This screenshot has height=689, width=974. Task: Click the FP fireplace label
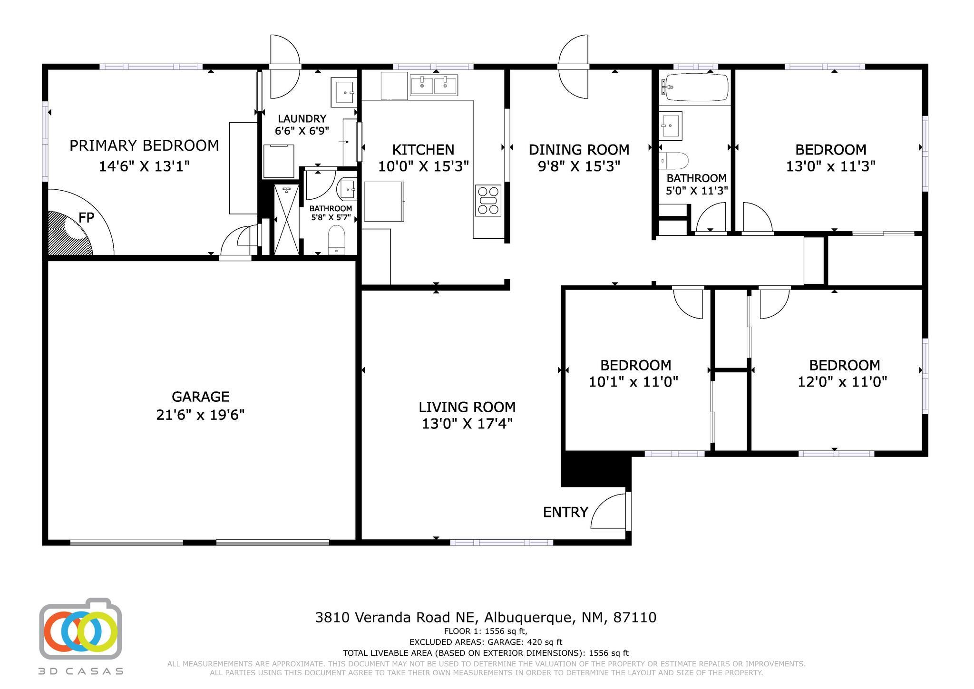click(86, 218)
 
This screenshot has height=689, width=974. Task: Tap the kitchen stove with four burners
click(488, 201)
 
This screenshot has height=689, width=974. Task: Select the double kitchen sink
click(433, 86)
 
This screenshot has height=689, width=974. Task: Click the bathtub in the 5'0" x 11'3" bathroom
click(697, 87)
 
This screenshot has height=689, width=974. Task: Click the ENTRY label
click(565, 512)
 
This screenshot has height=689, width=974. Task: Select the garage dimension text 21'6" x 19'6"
click(200, 415)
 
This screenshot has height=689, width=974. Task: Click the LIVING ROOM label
click(467, 407)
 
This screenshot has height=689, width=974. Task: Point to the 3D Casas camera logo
click(80, 629)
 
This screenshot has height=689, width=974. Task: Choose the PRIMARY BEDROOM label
click(144, 146)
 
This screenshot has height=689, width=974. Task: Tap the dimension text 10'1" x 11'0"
click(633, 382)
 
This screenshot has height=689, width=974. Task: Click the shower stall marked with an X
click(287, 220)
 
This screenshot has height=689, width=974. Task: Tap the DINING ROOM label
click(579, 150)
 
